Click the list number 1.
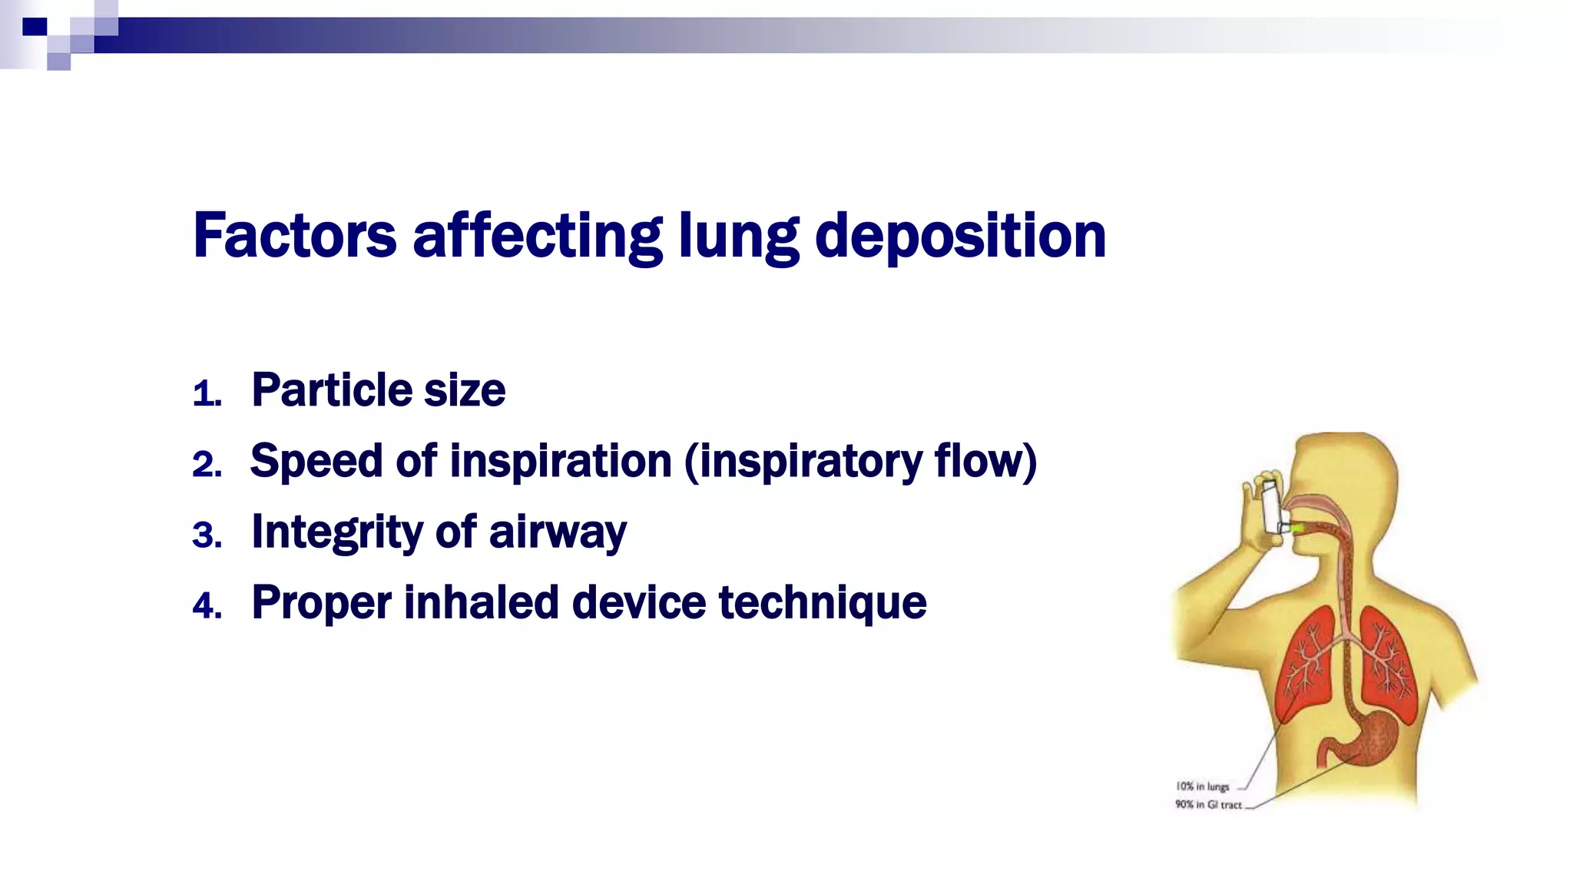[206, 394]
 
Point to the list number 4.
[207, 606]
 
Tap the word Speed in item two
[316, 461]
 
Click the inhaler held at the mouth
[1271, 505]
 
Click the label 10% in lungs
[1202, 787]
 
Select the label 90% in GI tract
[1207, 804]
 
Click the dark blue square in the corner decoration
[35, 27]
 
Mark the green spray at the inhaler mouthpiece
[1297, 528]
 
